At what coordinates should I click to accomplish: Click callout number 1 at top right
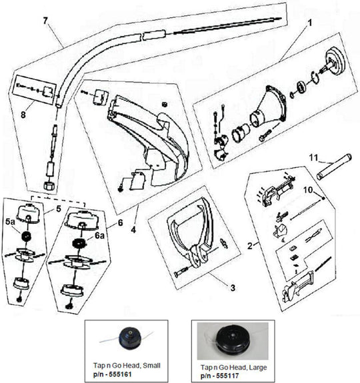coord(309,21)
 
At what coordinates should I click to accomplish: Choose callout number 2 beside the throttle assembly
coord(249,246)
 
